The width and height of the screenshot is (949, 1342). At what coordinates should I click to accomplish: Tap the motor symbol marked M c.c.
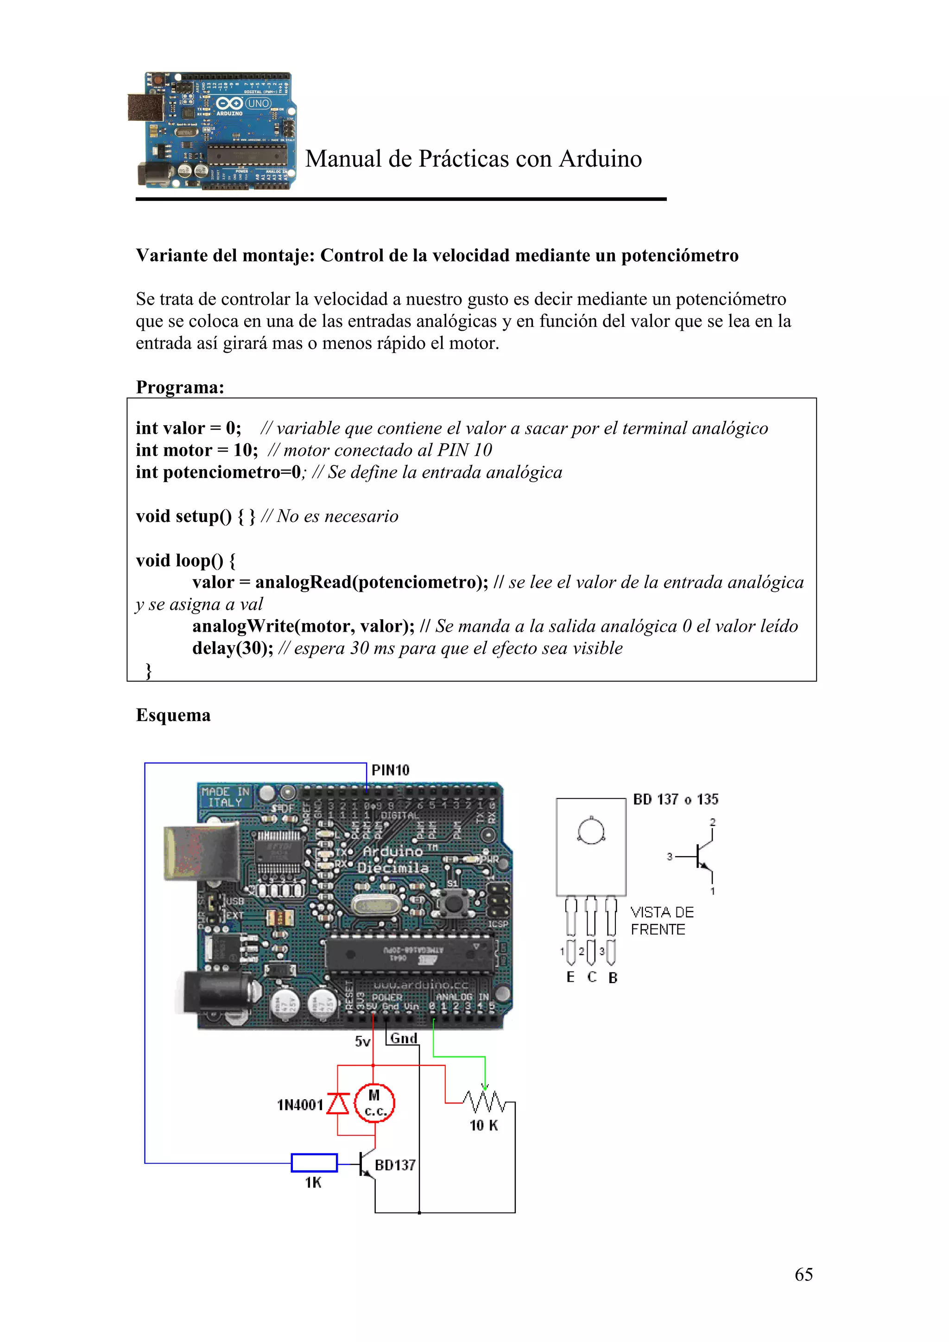(374, 1102)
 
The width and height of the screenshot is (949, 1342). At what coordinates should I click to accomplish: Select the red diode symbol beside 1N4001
(337, 1103)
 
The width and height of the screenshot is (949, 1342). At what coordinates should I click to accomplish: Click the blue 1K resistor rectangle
(314, 1163)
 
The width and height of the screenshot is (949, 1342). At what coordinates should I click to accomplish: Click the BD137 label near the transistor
(395, 1165)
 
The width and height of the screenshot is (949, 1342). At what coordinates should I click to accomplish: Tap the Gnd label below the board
(404, 1038)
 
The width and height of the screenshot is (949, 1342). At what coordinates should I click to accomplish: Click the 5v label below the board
(362, 1041)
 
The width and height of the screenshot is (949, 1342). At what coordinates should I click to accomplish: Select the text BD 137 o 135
(675, 799)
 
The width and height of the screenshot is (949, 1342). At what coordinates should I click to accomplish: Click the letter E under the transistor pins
(570, 977)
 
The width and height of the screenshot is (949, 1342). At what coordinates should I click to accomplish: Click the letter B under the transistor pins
(612, 977)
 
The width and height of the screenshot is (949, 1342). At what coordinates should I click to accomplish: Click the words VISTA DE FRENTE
(661, 921)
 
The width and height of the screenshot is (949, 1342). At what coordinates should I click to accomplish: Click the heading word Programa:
(179, 387)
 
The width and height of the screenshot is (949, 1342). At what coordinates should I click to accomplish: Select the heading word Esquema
(173, 715)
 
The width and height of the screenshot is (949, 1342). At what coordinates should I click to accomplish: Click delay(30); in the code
(232, 648)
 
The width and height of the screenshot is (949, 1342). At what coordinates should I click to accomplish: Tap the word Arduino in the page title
(600, 159)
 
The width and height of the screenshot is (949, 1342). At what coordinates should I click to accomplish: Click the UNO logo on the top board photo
(258, 103)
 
